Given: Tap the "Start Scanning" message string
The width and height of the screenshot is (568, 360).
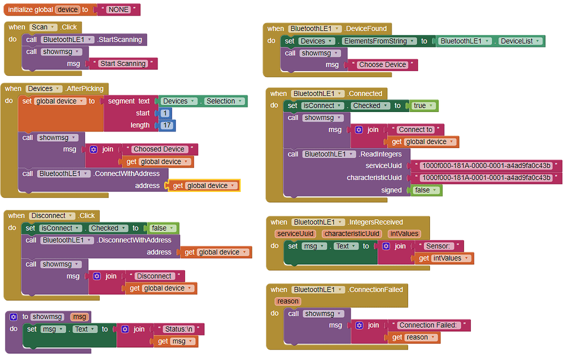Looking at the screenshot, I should coord(123,64).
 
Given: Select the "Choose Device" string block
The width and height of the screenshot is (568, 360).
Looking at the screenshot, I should coord(382,65).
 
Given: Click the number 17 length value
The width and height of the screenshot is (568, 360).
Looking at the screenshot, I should coord(168,125).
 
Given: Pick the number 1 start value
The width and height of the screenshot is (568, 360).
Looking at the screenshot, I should coord(165,113).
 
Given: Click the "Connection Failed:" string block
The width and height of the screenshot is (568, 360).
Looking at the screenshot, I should coord(430,326).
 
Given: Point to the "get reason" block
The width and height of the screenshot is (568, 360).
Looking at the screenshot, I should coord(414,338).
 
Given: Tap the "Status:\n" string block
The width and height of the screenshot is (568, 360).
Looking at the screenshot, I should coord(177,329).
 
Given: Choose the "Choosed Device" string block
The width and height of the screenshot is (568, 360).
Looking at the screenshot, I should coord(159,149).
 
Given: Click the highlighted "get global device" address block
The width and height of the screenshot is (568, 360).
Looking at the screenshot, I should coord(204,186).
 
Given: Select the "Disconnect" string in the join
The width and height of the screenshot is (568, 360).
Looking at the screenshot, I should coord(154,276).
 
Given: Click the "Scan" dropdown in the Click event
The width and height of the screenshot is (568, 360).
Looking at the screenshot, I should coord(43,27).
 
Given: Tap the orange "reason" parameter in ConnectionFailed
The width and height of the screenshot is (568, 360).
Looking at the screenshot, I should coord(287,301).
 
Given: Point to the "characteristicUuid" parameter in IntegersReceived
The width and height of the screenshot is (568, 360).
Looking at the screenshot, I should coord(352,234).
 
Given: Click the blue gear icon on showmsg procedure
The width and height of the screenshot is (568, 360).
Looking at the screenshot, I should coord(14,317).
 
